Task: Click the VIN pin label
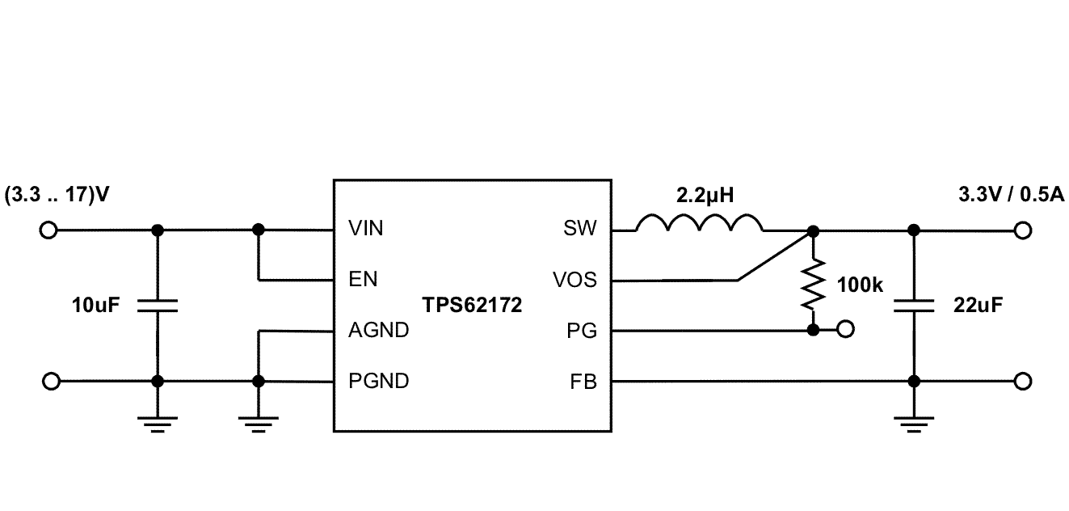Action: click(x=365, y=229)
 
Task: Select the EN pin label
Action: click(x=363, y=280)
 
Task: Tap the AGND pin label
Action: click(x=378, y=330)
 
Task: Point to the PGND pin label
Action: click(x=378, y=381)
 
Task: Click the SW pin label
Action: click(x=579, y=229)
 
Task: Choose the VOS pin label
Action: click(x=574, y=280)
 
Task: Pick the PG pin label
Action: click(x=582, y=330)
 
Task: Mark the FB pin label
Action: click(x=583, y=381)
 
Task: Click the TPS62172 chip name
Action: click(x=472, y=306)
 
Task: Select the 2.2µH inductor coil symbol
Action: click(x=699, y=224)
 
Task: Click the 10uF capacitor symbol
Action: click(x=158, y=306)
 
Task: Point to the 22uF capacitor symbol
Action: click(x=914, y=306)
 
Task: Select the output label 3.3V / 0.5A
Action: click(x=1010, y=196)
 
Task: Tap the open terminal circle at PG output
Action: click(x=845, y=330)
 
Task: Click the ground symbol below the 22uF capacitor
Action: click(x=914, y=424)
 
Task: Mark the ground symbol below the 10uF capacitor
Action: click(x=158, y=424)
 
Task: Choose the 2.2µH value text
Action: click(x=705, y=196)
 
